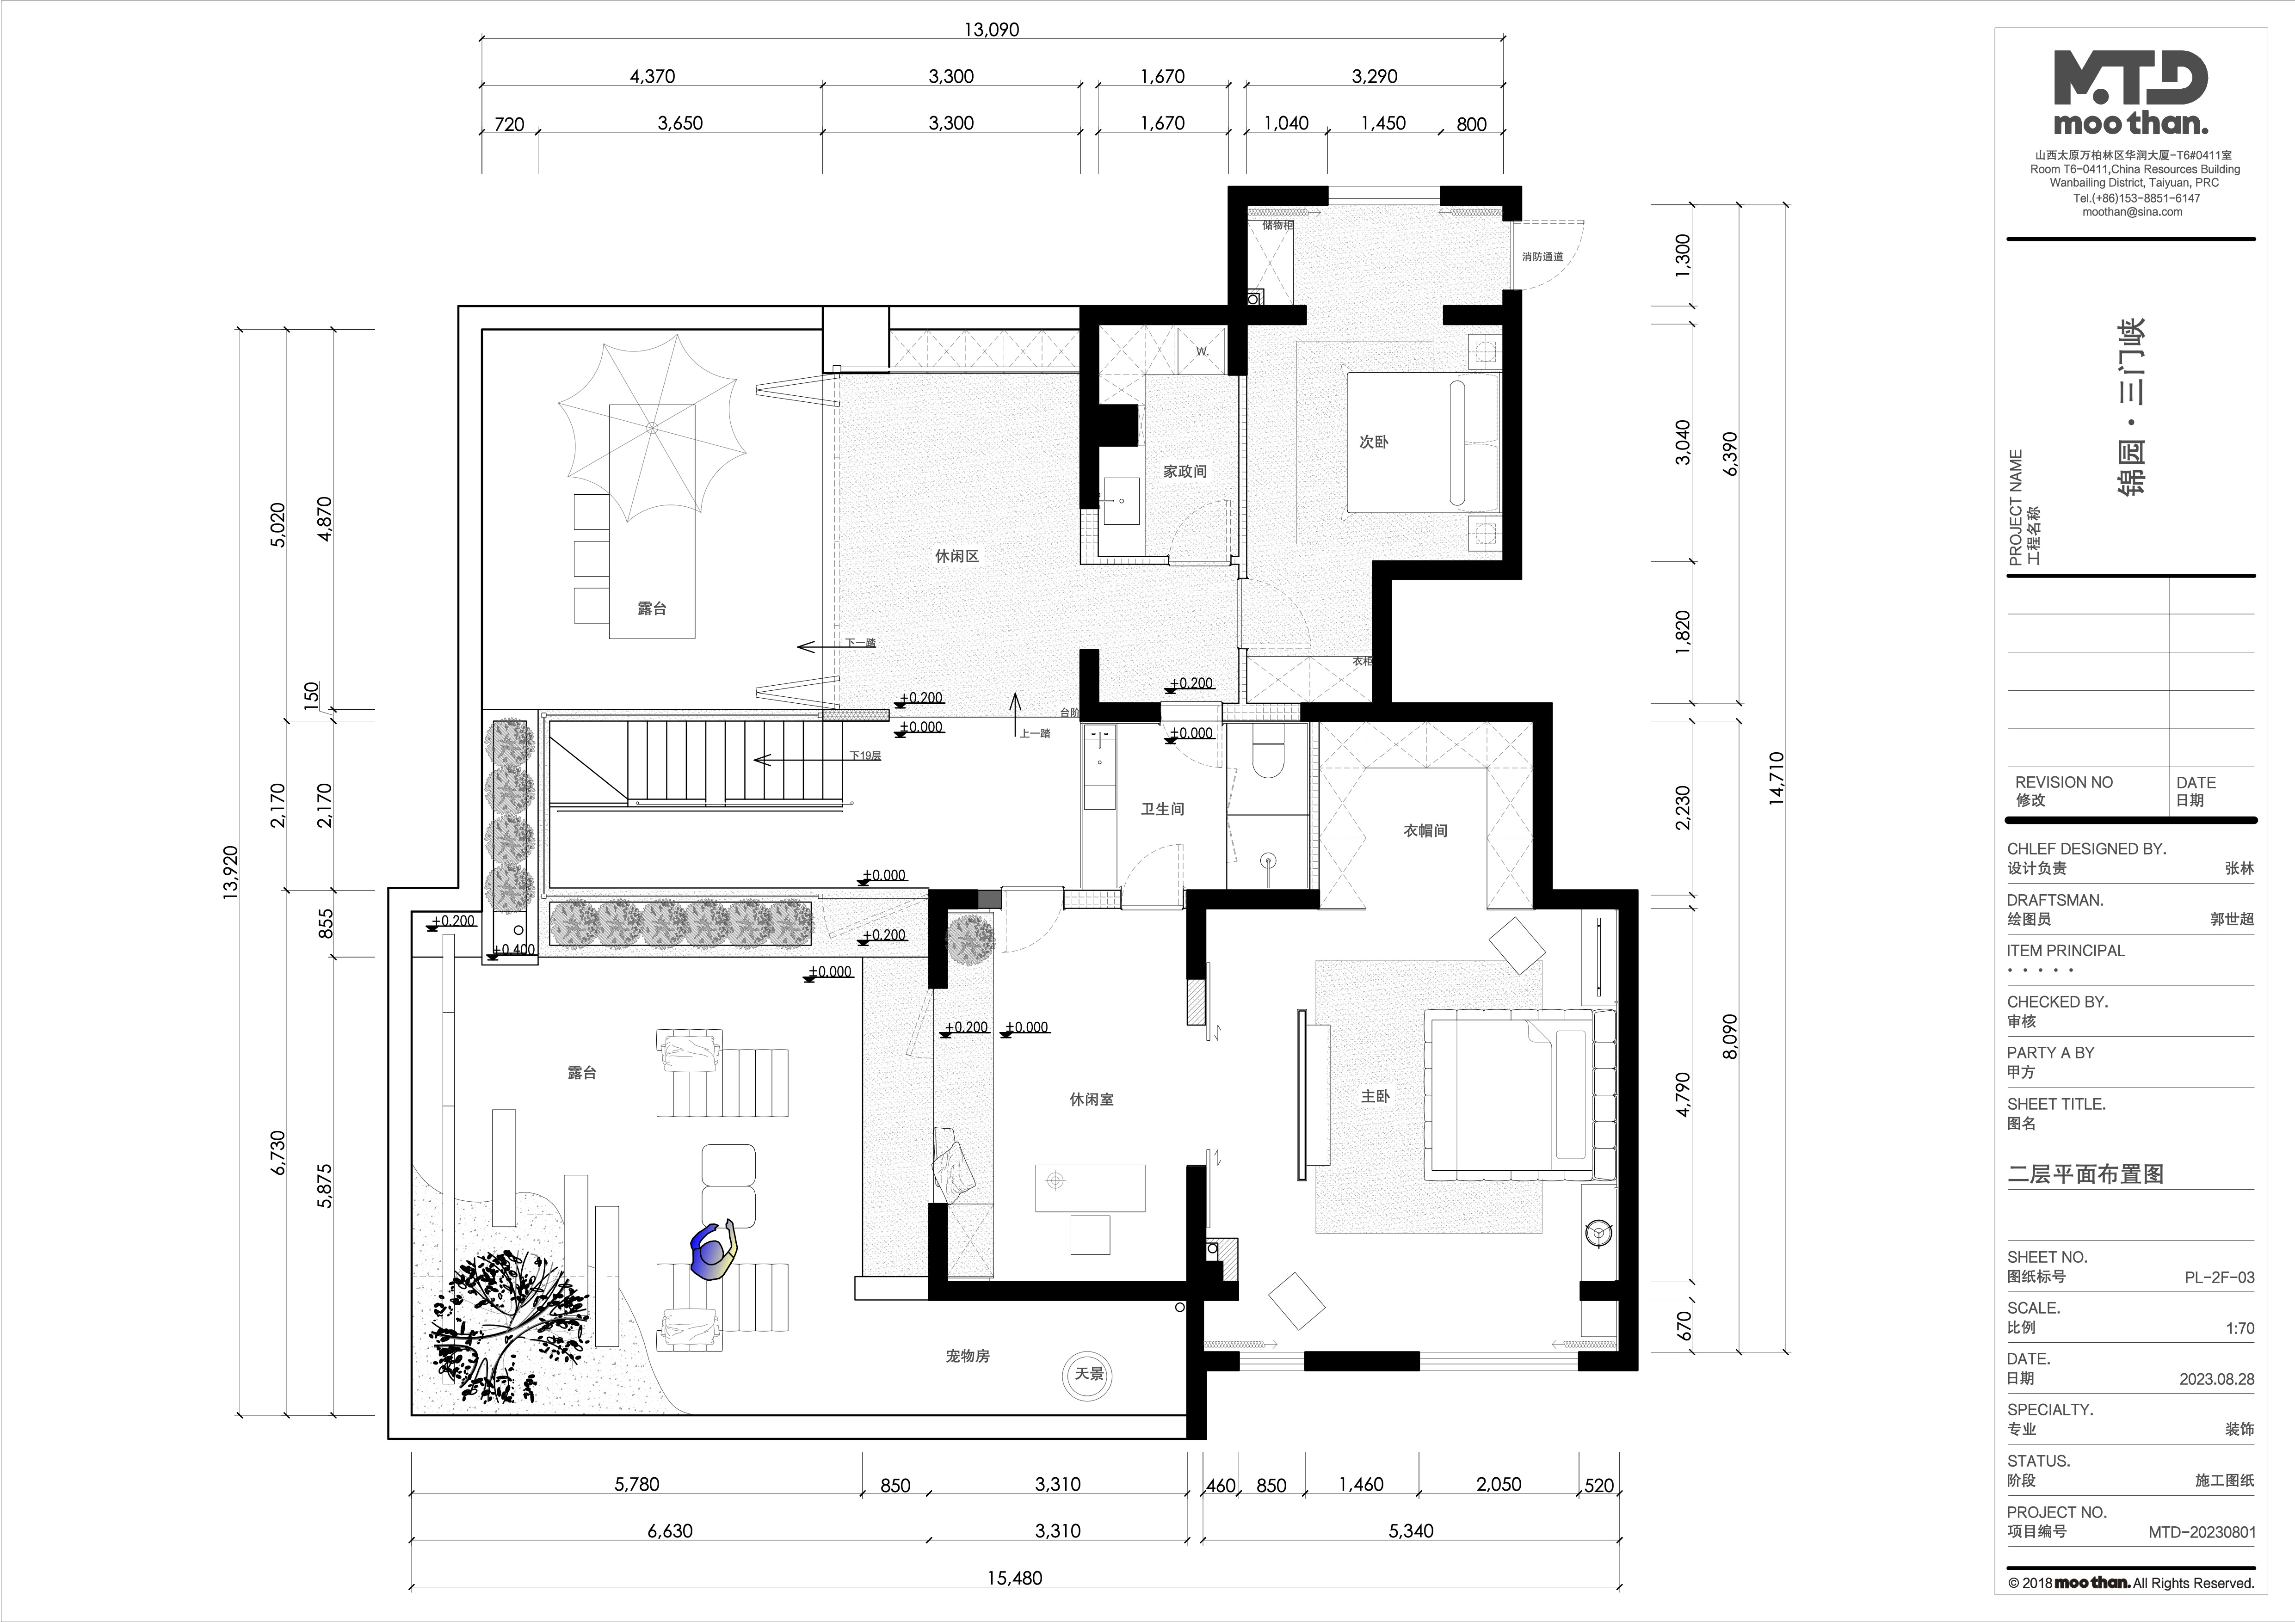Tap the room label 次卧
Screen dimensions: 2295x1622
tap(1373, 442)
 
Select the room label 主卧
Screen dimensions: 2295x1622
tap(1376, 1096)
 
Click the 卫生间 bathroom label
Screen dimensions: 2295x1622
tap(1162, 809)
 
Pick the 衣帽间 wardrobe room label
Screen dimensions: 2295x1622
tap(1425, 830)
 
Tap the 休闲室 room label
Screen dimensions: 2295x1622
tap(1092, 1100)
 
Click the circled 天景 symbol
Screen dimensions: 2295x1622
tap(1088, 1374)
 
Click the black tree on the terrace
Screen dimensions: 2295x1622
tap(505, 1324)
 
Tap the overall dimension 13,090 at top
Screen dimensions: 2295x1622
tap(992, 30)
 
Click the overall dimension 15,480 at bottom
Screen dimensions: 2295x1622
tap(1015, 1578)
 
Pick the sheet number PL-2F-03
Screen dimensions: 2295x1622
tap(2219, 1277)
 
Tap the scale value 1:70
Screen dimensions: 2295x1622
tap(2240, 1328)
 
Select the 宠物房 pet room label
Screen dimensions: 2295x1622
tap(968, 1356)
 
